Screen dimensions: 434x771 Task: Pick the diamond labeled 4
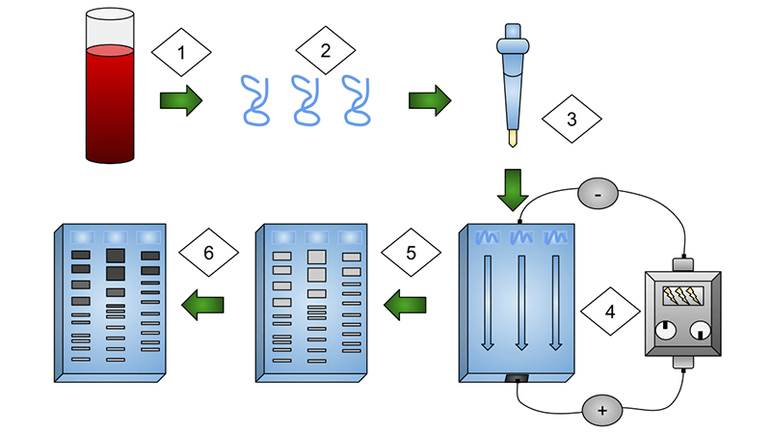pyautogui.click(x=610, y=312)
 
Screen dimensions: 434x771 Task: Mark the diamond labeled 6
pyautogui.click(x=210, y=254)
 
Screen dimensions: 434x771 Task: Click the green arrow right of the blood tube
pyautogui.click(x=178, y=98)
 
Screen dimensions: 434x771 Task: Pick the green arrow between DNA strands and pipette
pyautogui.click(x=428, y=98)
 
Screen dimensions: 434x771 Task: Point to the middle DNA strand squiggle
pyautogui.click(x=307, y=99)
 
